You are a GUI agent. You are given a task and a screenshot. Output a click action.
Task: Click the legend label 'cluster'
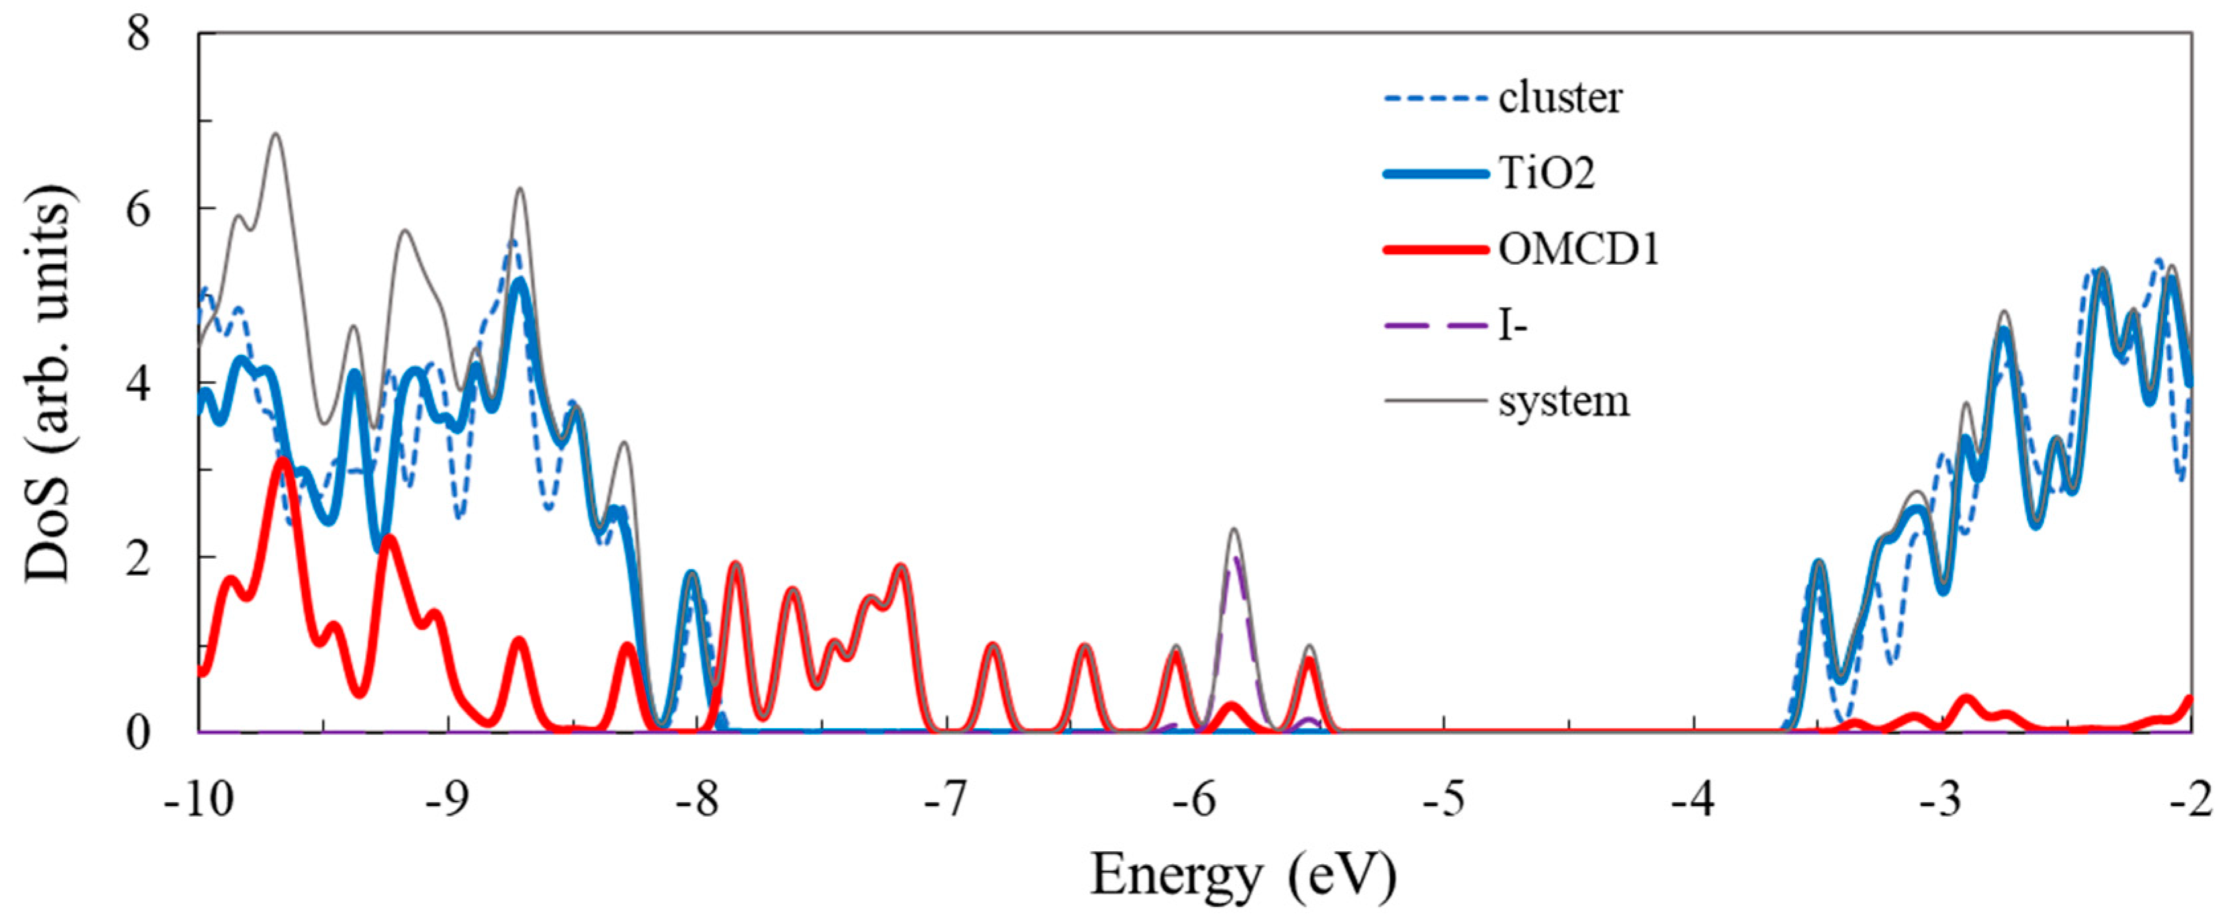(x=1559, y=99)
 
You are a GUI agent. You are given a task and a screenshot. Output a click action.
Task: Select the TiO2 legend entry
(x=1546, y=174)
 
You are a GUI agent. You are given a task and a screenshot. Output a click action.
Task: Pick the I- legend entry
(x=1513, y=327)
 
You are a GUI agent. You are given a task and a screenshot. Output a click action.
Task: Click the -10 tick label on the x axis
(x=199, y=800)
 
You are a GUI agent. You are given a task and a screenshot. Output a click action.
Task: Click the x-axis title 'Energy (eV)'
(x=1243, y=876)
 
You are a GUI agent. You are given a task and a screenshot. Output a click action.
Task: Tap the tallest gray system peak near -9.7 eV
(x=276, y=134)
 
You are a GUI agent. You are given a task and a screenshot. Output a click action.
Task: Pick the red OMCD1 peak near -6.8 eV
(x=994, y=647)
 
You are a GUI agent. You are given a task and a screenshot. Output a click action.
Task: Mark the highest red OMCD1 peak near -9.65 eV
(x=282, y=461)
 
